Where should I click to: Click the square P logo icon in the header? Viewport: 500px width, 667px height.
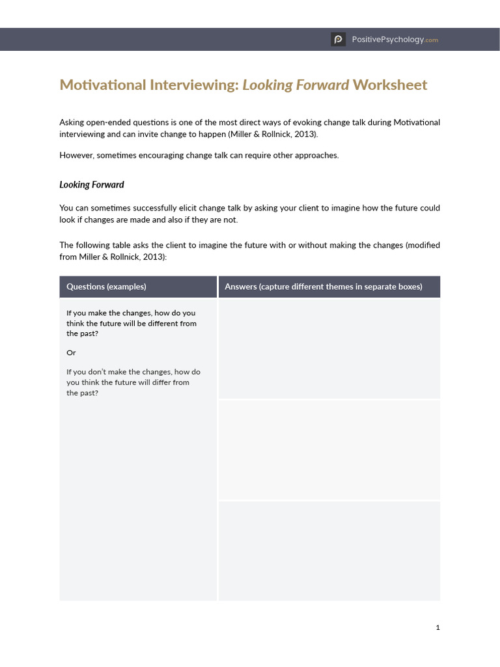tap(338, 40)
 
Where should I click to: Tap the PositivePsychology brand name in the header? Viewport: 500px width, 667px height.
tap(388, 40)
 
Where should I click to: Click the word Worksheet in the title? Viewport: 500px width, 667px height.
tap(390, 85)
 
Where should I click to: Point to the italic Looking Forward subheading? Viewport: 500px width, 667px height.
tap(91, 185)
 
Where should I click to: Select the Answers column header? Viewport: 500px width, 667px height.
tap(323, 287)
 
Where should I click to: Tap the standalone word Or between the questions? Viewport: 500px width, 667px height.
tap(71, 352)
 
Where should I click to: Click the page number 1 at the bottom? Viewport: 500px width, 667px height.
tap(437, 627)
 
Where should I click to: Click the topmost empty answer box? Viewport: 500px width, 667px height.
tap(329, 348)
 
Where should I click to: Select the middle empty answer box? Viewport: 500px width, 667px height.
tap(329, 449)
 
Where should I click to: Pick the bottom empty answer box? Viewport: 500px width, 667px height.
tap(329, 550)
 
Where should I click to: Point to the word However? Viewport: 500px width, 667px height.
tap(76, 155)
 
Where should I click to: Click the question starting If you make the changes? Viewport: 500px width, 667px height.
tap(131, 323)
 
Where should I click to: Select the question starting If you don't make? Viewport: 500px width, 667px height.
tap(133, 382)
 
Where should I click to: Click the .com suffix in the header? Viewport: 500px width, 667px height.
tap(432, 40)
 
